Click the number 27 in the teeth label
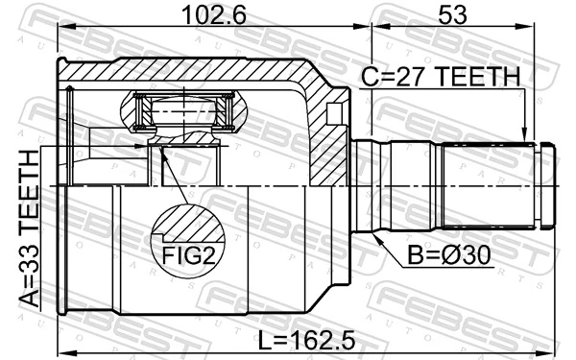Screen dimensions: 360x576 click(x=411, y=76)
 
